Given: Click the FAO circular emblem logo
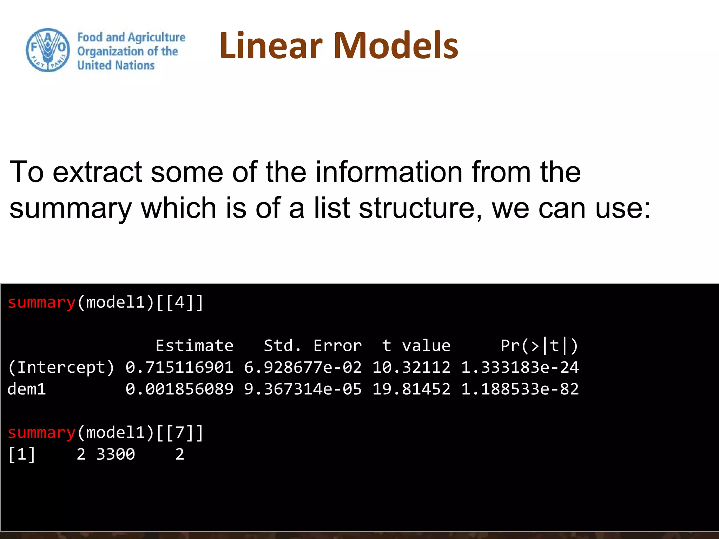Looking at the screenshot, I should pos(48,50).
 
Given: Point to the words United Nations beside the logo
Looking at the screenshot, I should pos(116,65).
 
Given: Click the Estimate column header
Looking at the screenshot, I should pos(194,346).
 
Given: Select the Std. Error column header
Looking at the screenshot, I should pos(312,346).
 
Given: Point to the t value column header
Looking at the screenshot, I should pos(416,346).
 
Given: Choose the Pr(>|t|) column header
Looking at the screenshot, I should pos(539,346).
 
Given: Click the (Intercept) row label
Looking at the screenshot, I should pos(61,367).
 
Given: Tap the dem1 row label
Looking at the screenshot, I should pos(27,389).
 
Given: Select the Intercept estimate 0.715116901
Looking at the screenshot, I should pos(179,367).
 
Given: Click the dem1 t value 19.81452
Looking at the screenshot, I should pos(411,389).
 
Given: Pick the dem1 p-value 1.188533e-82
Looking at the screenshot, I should pos(520,389).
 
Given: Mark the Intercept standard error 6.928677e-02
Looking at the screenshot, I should pos(303,367).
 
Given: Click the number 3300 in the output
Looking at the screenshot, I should pos(116,454).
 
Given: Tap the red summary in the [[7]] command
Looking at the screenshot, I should pos(41,433).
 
